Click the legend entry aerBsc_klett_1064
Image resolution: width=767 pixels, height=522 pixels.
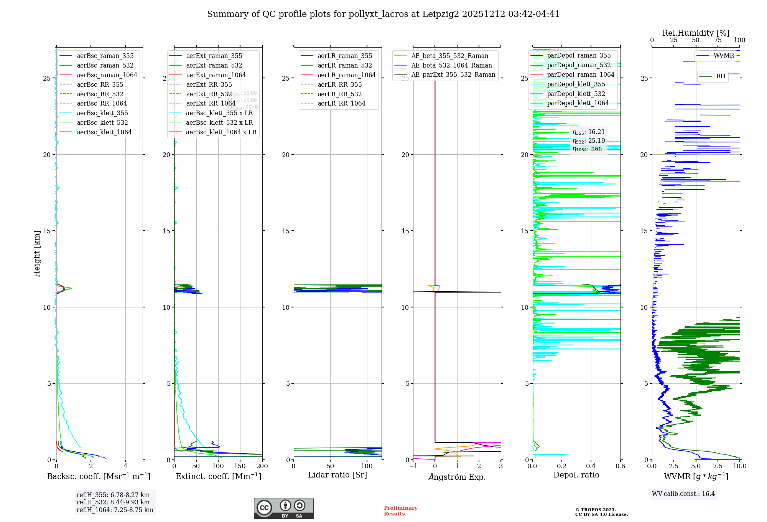coord(104,132)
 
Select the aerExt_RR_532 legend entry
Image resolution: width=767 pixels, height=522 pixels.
coord(209,94)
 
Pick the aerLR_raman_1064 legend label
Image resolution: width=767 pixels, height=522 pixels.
coord(346,75)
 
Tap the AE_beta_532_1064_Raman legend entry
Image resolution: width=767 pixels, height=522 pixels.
coord(451,65)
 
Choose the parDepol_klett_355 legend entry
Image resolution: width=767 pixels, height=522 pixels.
coord(576,84)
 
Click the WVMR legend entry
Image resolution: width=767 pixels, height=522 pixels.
coord(724,56)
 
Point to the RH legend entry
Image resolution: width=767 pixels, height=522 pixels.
coord(721,76)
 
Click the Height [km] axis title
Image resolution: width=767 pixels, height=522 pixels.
coord(37,254)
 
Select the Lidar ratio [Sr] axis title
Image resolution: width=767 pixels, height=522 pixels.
coord(337,475)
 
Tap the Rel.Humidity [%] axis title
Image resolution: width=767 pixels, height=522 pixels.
coord(696,33)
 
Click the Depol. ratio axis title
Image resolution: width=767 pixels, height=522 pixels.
coord(576,475)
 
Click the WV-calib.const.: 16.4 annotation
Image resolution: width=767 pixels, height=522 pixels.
coord(683,494)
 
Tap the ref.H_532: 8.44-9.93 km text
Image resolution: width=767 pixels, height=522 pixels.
coord(113,502)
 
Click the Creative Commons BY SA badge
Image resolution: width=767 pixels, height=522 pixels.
coord(283,508)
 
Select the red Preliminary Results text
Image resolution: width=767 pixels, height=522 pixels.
coord(400,511)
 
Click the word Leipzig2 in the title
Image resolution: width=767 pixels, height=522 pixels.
coord(441,14)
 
